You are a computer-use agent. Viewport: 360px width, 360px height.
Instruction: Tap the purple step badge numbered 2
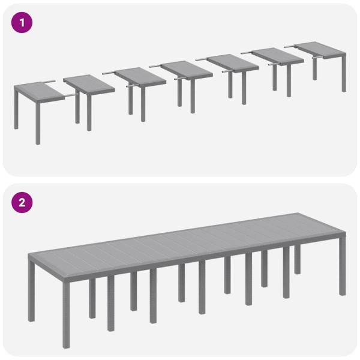(22, 202)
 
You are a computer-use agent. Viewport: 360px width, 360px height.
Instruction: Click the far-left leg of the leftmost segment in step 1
(16, 111)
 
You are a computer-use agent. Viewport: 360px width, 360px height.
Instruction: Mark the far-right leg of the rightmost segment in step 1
(344, 75)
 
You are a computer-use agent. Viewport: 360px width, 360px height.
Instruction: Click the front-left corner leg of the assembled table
(32, 300)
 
